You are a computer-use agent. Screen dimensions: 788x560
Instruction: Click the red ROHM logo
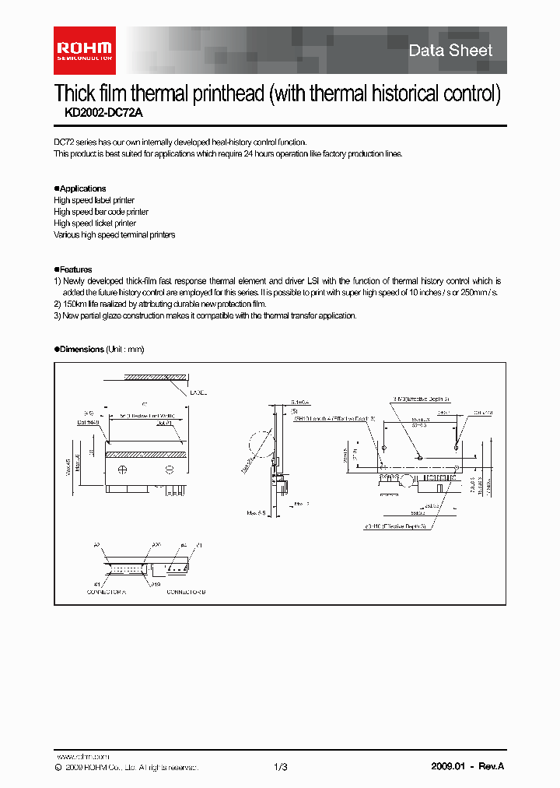point(84,45)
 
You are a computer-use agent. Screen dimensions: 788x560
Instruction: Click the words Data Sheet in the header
point(450,51)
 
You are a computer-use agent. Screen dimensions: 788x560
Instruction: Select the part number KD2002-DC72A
point(99,112)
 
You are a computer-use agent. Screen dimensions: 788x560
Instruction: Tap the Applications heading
point(82,188)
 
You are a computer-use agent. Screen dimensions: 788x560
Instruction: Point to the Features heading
point(75,269)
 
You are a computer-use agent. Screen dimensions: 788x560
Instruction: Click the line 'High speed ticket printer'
point(95,223)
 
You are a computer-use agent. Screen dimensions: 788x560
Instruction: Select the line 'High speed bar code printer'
point(101,212)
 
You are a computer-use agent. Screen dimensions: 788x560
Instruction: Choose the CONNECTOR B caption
point(186,593)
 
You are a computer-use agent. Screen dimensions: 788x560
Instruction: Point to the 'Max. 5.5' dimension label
point(257,513)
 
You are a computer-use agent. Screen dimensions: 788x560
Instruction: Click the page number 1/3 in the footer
point(281,767)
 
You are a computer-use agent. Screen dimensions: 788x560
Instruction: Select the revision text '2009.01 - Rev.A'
point(467,767)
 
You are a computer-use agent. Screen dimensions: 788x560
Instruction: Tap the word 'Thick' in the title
point(74,94)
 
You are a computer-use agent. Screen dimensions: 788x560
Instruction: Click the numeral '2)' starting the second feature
point(58,304)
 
